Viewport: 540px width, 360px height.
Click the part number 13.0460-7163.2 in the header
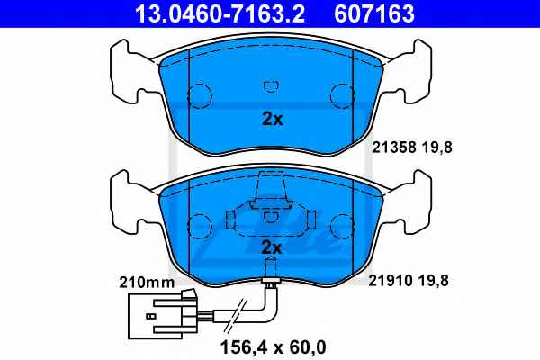click(220, 13)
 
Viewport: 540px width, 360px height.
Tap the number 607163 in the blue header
click(374, 13)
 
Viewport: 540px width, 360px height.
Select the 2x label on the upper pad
click(272, 119)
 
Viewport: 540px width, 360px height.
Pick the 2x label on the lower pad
click(272, 247)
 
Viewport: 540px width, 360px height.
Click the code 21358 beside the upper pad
click(393, 148)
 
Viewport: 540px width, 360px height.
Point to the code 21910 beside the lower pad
click(391, 281)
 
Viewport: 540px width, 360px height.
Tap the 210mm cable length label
click(147, 283)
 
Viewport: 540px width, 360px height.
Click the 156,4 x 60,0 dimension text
click(273, 347)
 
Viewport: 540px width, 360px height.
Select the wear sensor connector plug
click(163, 315)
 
